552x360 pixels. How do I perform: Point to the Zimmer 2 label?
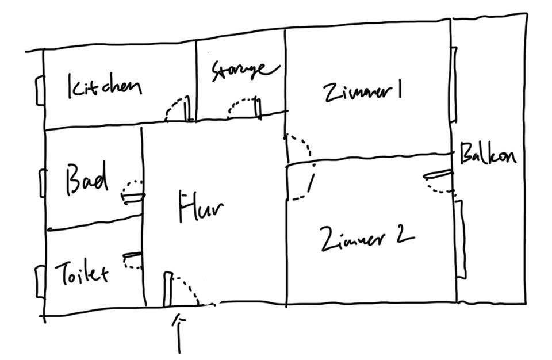pyautogui.click(x=367, y=238)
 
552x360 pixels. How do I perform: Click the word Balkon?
pyautogui.click(x=488, y=155)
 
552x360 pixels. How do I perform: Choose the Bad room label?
pyautogui.click(x=87, y=179)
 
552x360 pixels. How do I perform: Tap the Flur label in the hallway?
pyautogui.click(x=201, y=208)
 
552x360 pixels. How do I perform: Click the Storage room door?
pyautogui.click(x=245, y=108)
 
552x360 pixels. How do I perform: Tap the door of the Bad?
pyautogui.click(x=133, y=192)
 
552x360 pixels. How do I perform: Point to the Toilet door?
pyautogui.click(x=133, y=260)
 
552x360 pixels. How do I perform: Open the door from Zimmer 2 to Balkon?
pyautogui.click(x=439, y=181)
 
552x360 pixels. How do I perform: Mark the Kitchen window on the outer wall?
pyautogui.click(x=40, y=91)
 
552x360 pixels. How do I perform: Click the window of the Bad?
pyautogui.click(x=42, y=183)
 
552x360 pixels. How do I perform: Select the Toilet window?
pyautogui.click(x=40, y=281)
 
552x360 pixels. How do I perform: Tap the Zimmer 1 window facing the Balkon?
pyautogui.click(x=454, y=85)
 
